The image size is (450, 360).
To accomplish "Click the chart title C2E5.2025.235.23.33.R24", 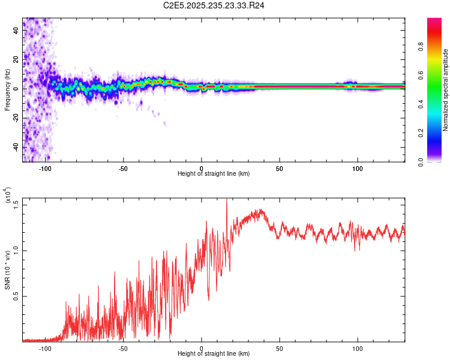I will point(214,6).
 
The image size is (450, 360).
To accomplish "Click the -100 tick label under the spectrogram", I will point(44,169).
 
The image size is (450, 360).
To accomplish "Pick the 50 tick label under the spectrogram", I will point(280,169).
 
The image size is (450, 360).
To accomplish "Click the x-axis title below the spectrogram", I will point(214,174).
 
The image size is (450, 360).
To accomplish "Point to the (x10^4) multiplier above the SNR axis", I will point(8,196).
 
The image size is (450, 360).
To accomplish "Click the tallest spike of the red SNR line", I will point(226,200).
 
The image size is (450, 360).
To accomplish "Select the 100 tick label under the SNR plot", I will point(358,349).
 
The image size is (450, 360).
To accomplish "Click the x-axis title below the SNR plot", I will point(214,354).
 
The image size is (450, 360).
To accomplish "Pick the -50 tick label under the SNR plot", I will point(122,349).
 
